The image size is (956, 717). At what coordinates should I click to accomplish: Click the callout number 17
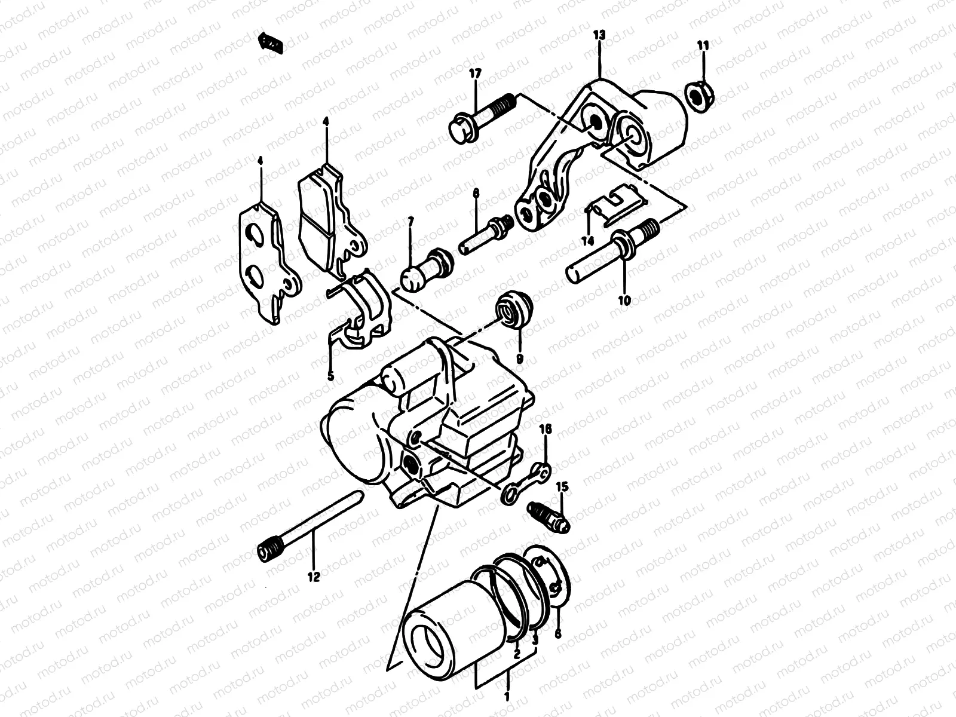475,74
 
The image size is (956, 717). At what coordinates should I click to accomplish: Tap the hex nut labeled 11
697,93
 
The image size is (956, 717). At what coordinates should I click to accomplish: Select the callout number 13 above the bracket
599,36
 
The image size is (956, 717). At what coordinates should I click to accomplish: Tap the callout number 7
410,222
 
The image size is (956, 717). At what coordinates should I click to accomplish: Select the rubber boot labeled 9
514,310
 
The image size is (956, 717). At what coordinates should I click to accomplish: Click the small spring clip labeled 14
611,205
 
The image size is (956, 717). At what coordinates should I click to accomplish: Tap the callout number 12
314,577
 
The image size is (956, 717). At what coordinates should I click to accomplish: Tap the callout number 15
563,487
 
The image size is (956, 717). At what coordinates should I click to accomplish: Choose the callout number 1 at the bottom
507,697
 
